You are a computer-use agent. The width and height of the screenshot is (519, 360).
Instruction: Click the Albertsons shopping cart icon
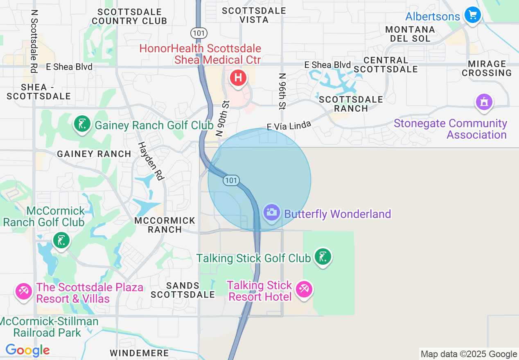(x=473, y=16)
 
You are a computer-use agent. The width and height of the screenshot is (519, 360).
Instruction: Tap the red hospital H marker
(x=238, y=77)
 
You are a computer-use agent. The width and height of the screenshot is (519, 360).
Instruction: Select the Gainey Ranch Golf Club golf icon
(x=82, y=124)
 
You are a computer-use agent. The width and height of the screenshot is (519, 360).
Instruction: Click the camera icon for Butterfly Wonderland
(x=271, y=212)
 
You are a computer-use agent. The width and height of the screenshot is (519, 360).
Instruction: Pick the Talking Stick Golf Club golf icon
(x=323, y=256)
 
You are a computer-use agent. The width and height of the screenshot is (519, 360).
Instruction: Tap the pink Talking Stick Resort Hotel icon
(x=304, y=289)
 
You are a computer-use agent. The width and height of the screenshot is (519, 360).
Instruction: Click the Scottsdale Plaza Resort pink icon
(x=23, y=291)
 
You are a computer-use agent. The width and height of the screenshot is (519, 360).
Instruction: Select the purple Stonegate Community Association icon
(x=484, y=101)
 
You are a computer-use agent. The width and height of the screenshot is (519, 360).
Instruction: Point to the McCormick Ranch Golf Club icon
(x=61, y=240)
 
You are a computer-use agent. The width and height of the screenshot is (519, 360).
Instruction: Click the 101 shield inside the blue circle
(x=231, y=180)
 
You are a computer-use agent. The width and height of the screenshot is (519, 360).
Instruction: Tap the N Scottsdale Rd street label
(x=34, y=41)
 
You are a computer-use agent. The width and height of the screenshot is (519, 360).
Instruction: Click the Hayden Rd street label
(x=151, y=161)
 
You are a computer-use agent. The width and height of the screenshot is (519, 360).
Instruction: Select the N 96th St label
(x=282, y=91)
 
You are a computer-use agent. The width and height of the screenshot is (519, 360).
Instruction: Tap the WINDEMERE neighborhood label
(x=139, y=353)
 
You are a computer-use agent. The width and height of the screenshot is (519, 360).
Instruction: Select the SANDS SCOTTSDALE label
(x=183, y=290)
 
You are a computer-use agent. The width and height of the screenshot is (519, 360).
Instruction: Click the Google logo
(x=27, y=350)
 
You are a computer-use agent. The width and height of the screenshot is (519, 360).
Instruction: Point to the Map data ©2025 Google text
(x=469, y=354)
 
